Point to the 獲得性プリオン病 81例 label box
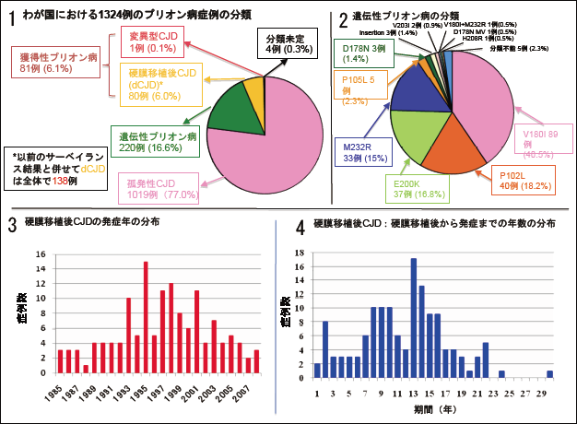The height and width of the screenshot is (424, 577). (56, 63)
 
